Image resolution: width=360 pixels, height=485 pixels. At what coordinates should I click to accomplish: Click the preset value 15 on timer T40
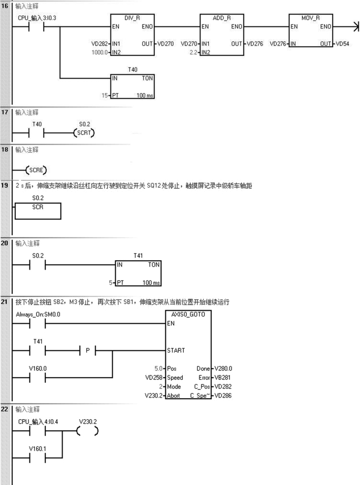(104, 96)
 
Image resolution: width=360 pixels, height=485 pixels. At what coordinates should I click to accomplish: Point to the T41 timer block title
(138, 255)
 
